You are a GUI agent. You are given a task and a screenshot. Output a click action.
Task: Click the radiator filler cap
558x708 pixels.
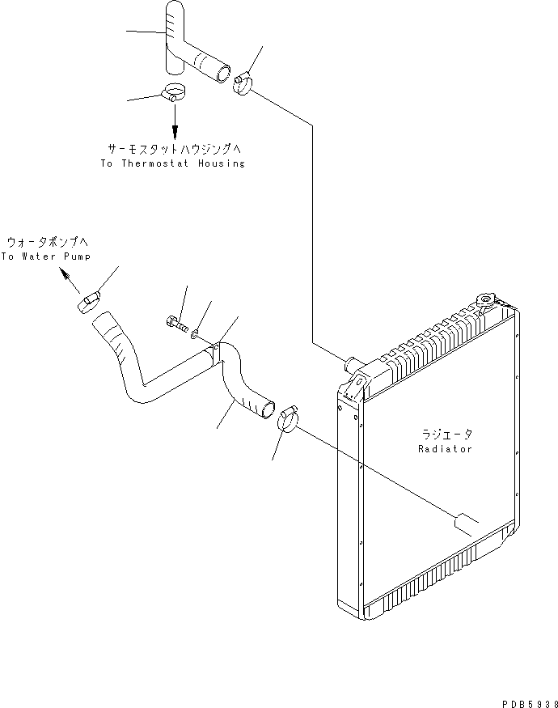486,301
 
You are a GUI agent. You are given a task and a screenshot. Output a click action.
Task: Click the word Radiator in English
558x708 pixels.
445,449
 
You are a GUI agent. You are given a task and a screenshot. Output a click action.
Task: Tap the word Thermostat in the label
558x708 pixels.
154,163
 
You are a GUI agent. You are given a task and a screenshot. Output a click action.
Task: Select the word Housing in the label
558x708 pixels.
222,163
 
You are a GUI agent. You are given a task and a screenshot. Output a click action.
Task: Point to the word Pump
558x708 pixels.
77,256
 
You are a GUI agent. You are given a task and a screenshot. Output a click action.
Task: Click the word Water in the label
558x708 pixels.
40,256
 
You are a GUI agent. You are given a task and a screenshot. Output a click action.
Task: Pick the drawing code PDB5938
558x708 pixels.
530,703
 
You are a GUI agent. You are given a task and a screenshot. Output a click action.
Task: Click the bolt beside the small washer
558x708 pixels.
177,324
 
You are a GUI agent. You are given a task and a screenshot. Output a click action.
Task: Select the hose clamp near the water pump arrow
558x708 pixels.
88,301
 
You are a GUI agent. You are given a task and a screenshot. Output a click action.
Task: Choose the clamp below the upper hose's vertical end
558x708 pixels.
174,92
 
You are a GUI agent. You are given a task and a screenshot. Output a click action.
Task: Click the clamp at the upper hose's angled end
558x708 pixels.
243,83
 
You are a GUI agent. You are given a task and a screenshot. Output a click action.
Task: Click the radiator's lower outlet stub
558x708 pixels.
465,524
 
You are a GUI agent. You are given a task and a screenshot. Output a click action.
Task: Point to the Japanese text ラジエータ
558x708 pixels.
447,435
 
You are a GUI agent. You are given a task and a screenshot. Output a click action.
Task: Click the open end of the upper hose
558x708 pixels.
223,73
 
